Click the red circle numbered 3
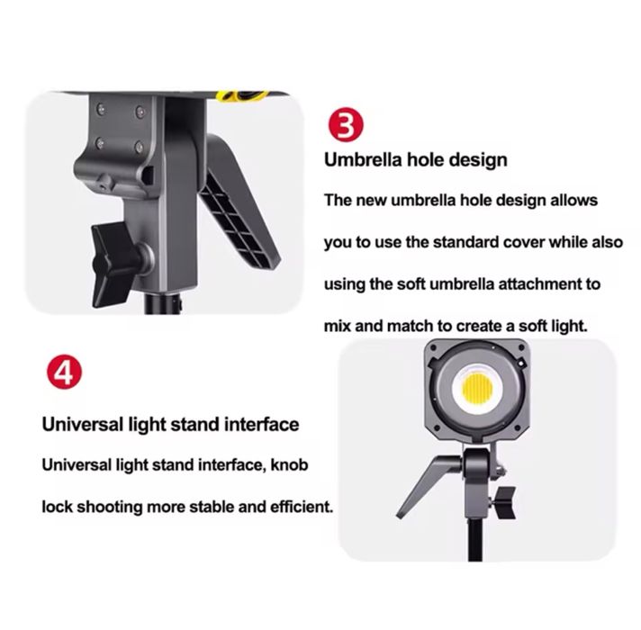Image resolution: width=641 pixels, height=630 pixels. point(346,125)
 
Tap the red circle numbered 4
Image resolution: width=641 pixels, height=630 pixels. point(64,373)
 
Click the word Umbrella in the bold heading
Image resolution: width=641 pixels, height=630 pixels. point(363,159)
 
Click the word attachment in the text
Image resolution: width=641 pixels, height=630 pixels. point(536,283)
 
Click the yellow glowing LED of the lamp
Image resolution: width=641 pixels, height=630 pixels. point(476,388)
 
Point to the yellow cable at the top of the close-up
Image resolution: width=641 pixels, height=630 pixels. point(242,96)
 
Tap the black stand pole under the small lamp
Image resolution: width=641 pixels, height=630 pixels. point(475,538)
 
